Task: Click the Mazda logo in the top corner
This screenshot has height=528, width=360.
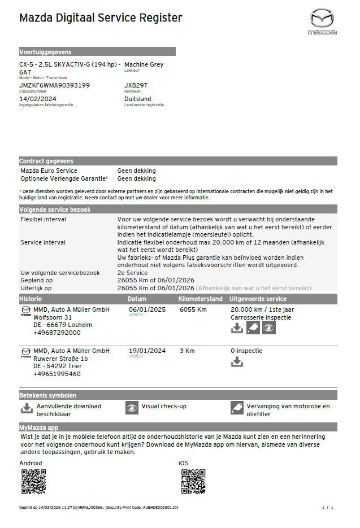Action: (x=322, y=21)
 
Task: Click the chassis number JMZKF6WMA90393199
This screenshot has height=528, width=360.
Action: (x=54, y=85)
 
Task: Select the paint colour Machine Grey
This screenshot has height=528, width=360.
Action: (x=144, y=64)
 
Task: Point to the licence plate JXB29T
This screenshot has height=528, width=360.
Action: (x=136, y=85)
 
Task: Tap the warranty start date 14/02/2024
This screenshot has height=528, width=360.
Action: (x=38, y=99)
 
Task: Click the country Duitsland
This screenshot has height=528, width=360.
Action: (x=138, y=99)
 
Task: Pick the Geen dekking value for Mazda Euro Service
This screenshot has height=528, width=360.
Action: (x=136, y=171)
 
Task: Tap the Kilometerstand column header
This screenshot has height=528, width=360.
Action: (x=199, y=299)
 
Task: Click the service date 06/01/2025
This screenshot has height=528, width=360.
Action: (x=147, y=309)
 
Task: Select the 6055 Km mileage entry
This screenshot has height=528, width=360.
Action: (x=193, y=309)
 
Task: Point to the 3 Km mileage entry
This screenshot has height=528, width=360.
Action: (x=187, y=351)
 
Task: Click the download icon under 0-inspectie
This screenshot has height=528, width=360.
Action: (x=237, y=362)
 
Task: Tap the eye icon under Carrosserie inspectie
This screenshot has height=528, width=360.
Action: (x=269, y=328)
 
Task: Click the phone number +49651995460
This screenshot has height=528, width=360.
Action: (x=57, y=374)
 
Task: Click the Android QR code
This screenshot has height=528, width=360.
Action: (x=33, y=481)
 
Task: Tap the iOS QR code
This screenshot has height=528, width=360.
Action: (x=193, y=481)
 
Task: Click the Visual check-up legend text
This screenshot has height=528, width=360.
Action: (x=164, y=406)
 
